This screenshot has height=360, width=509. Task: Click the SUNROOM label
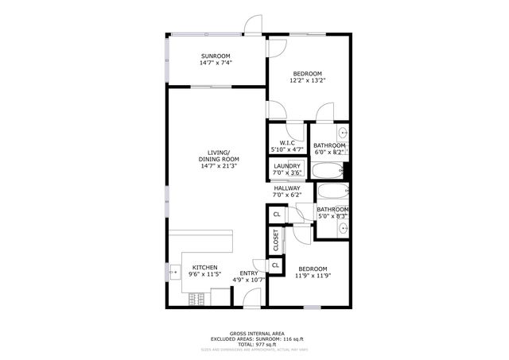216,56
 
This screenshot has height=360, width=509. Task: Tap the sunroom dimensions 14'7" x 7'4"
216,64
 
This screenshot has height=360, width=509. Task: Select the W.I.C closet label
287,142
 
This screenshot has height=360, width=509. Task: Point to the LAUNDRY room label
287,166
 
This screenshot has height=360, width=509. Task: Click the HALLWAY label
287,188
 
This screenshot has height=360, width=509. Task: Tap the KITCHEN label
204,267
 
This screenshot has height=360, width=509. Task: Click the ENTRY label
249,273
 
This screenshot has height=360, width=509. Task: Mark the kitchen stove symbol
197,299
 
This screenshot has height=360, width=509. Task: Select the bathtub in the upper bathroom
325,170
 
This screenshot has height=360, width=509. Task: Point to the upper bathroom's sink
343,134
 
